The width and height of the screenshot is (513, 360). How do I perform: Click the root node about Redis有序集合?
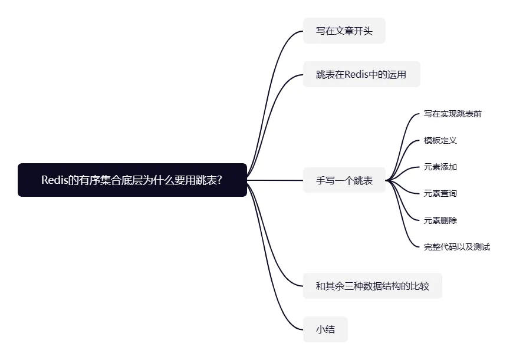coord(132,180)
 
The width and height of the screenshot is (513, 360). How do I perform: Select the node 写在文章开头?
coord(344,31)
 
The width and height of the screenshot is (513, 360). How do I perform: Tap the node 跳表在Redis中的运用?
coord(361,74)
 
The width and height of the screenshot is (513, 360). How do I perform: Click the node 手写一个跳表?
coord(344,180)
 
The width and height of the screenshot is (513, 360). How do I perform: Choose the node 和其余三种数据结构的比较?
coord(372,286)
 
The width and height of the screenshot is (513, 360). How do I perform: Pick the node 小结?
coord(325,329)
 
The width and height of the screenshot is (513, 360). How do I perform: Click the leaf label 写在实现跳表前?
coord(452,114)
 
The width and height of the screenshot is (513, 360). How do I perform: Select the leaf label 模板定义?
coord(440,140)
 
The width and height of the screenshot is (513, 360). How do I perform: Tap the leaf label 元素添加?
coord(440,167)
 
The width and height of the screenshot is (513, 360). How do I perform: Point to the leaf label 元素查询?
coord(440,193)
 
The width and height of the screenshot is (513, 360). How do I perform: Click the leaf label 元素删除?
coord(440,220)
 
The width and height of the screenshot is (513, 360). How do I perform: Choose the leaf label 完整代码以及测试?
coord(457,247)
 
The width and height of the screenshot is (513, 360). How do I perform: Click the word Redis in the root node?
coord(54,180)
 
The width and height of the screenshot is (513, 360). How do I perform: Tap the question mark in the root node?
coord(219,180)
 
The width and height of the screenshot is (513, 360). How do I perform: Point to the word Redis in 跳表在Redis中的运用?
coord(357,74)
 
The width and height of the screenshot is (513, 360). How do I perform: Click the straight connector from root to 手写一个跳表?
coord(275,180)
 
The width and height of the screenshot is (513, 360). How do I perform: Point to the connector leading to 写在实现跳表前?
coord(401,144)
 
